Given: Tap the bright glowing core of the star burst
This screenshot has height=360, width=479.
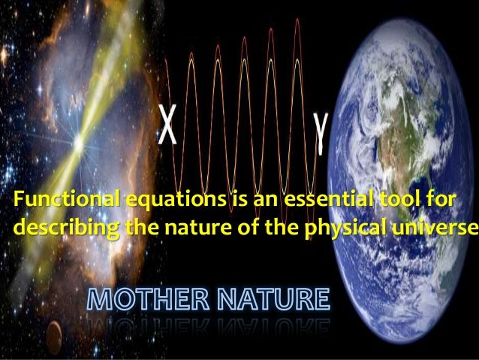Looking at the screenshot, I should click(78, 140).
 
